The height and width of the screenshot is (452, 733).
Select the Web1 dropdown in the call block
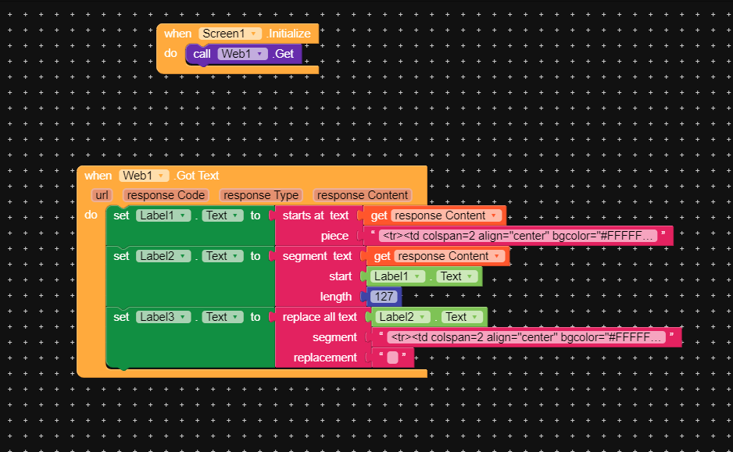coord(243,54)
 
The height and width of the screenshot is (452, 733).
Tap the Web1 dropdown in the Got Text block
coord(145,176)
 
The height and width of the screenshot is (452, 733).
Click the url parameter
coord(102,195)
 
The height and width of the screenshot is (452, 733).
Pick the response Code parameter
coord(166,195)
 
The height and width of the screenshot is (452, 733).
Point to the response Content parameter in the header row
coord(363,195)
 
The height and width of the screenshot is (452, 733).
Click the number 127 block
coord(384,297)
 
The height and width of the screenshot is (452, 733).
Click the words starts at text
coord(316,215)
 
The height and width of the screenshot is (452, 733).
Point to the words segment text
coord(317,256)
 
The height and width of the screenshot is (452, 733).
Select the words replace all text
coord(320,317)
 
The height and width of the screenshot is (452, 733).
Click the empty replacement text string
coord(392,358)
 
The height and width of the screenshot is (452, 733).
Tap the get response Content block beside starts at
coord(434,215)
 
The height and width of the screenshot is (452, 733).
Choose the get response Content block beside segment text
coord(437,256)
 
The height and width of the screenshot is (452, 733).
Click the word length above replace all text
coord(336,297)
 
